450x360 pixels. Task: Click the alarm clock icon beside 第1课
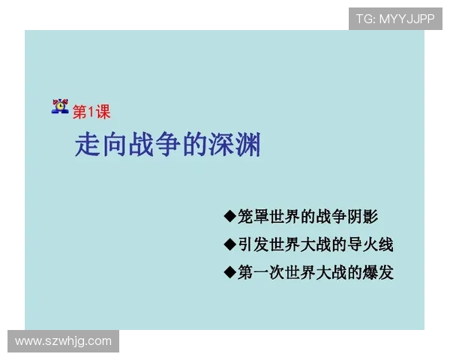click(60, 107)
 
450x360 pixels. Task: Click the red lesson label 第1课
click(91, 112)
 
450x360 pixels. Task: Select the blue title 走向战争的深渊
click(168, 144)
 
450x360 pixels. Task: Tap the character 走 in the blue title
click(87, 144)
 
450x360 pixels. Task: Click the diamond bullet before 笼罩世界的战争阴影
click(229, 217)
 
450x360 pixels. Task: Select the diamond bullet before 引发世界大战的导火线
click(229, 244)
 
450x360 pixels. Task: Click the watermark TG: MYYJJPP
click(395, 19)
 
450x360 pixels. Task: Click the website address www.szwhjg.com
click(63, 341)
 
